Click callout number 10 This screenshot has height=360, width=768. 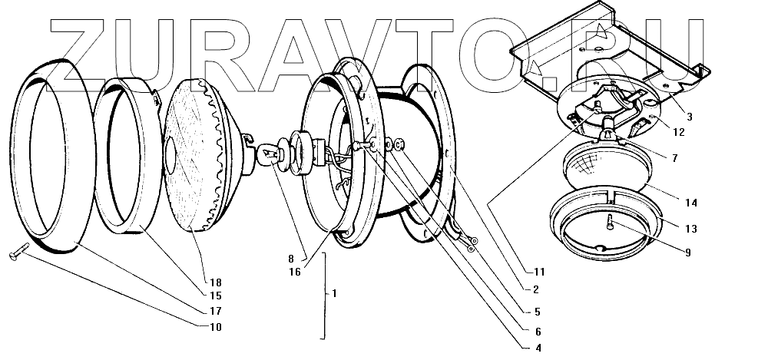214,328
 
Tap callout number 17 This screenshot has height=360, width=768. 214,311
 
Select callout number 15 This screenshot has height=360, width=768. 214,296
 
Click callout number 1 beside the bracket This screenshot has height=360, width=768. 334,293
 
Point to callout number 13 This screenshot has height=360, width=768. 690,228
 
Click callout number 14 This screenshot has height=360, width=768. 690,203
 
